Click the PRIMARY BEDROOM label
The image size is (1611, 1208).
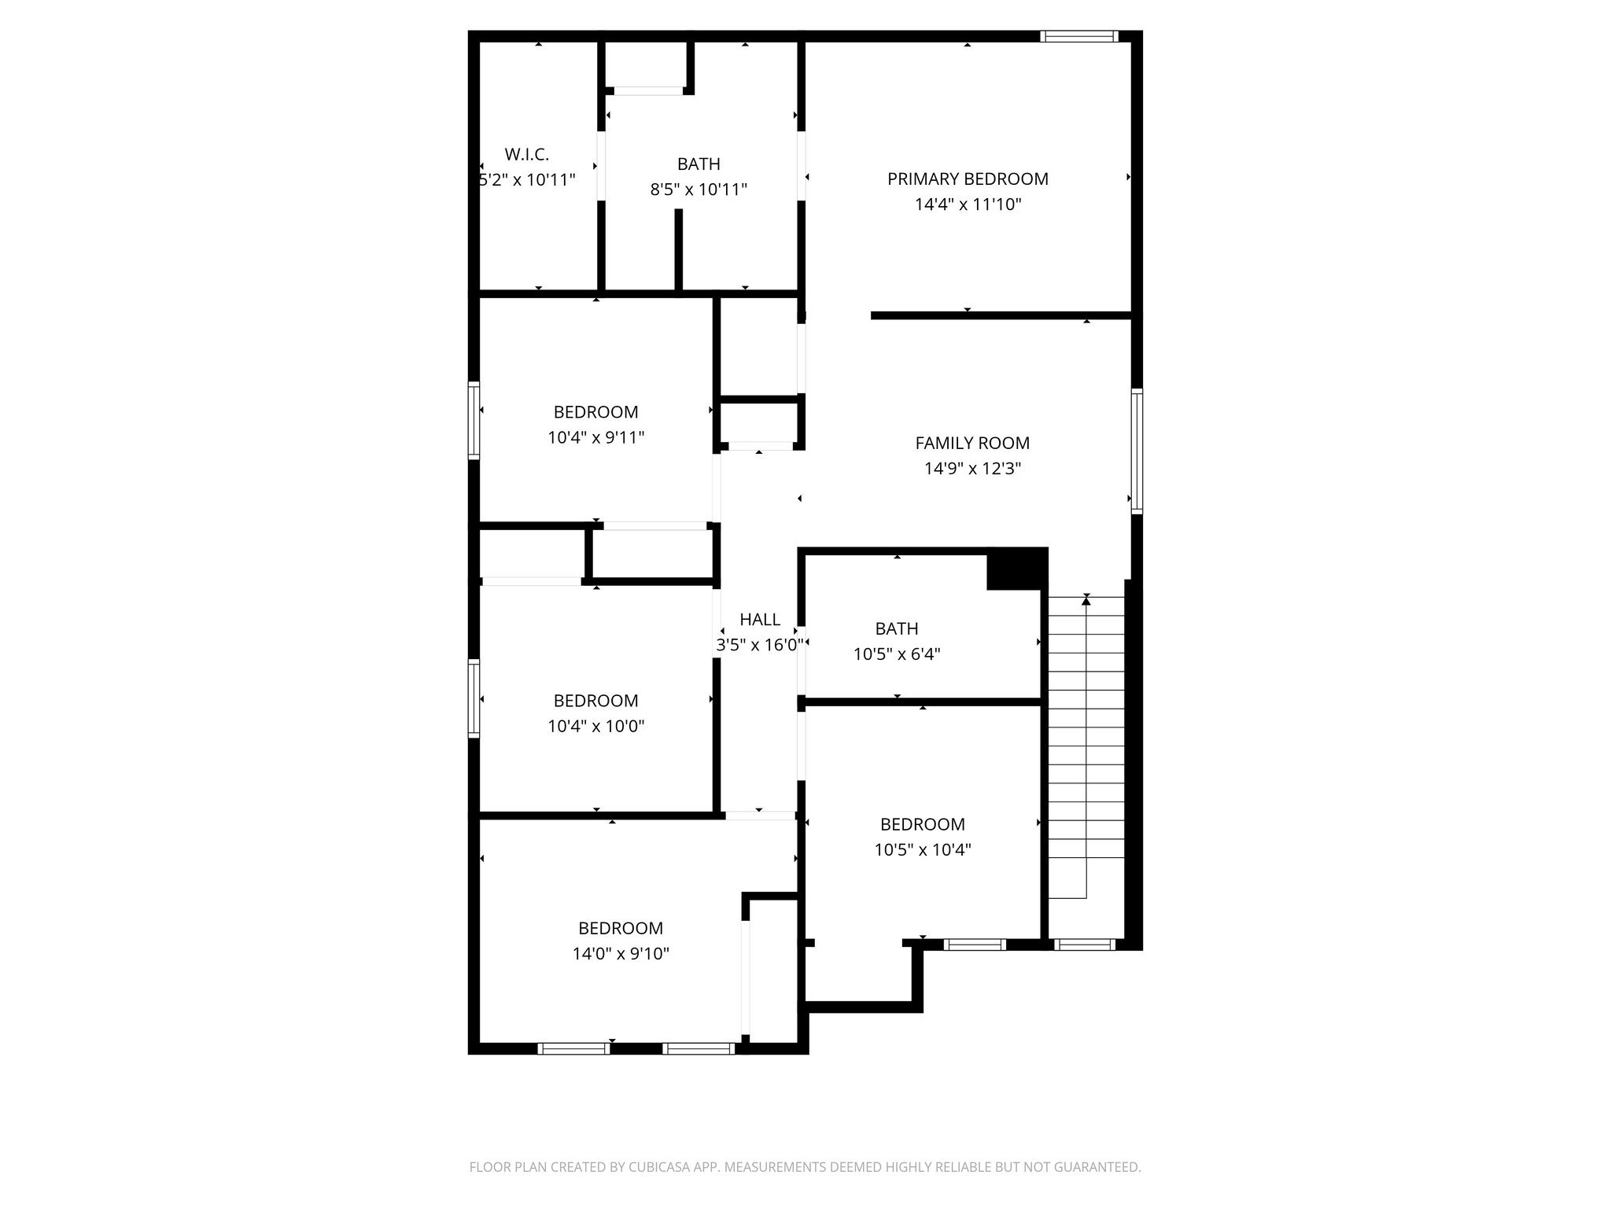click(x=968, y=179)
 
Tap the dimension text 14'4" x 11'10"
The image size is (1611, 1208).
click(x=968, y=205)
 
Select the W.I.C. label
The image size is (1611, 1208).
click(x=527, y=154)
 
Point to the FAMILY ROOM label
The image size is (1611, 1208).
click(x=972, y=444)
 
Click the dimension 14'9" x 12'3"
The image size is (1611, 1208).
click(x=972, y=469)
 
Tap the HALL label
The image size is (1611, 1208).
click(x=760, y=620)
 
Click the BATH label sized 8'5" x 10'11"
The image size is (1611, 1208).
click(x=699, y=164)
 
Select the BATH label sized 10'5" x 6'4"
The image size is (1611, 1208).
click(x=897, y=629)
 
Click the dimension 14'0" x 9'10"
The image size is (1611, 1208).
click(x=621, y=954)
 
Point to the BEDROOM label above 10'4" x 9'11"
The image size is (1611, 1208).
click(x=595, y=412)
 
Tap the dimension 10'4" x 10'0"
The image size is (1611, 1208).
click(x=595, y=726)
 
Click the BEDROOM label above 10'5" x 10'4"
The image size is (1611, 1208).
click(x=922, y=824)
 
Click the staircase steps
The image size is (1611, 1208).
click(x=1086, y=747)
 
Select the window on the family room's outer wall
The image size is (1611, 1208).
click(x=1137, y=451)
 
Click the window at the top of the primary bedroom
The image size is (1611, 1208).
click(x=1078, y=36)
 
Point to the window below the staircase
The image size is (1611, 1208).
click(x=1084, y=945)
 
